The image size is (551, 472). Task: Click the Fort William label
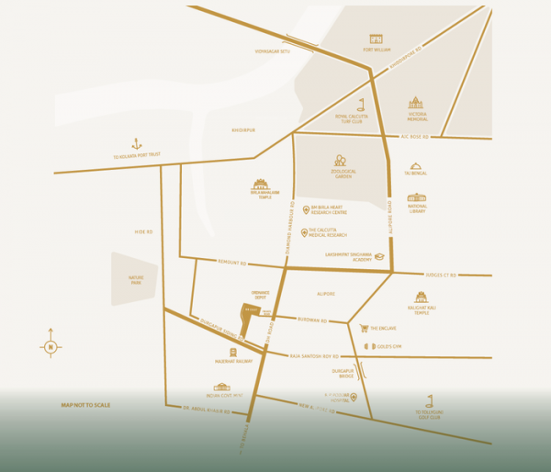click(x=376, y=51)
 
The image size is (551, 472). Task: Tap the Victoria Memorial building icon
click(x=416, y=103)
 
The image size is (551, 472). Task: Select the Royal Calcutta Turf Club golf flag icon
click(x=361, y=104)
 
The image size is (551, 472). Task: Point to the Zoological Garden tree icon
click(x=340, y=160)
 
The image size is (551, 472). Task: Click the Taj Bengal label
click(x=416, y=173)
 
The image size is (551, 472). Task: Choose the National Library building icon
click(x=417, y=197)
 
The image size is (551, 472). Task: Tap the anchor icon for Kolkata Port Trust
click(x=137, y=143)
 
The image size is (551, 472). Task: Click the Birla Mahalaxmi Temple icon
click(x=260, y=184)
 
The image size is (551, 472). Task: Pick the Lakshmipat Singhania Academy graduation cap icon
click(x=378, y=256)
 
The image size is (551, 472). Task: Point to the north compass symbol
click(x=51, y=346)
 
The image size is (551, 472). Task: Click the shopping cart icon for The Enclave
click(x=364, y=328)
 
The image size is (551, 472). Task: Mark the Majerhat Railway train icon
click(x=232, y=351)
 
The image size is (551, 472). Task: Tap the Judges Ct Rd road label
click(x=441, y=275)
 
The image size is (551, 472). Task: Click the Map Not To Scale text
click(x=85, y=405)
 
